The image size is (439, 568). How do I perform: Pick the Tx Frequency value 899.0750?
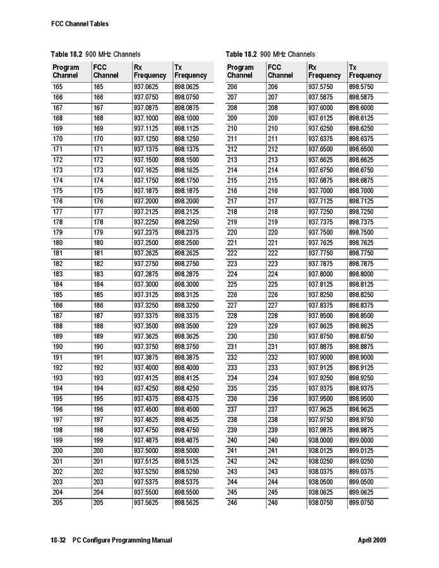coord(361,502)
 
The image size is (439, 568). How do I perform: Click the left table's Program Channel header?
coord(66,71)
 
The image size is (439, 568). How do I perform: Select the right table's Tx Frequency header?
coord(364,71)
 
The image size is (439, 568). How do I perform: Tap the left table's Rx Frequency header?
coord(149,71)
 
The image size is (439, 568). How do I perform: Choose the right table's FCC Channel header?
coord(280,71)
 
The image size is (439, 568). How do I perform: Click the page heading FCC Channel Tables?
coord(80,24)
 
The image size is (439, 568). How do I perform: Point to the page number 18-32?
coord(59,540)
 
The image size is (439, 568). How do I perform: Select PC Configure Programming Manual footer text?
coord(122,540)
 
